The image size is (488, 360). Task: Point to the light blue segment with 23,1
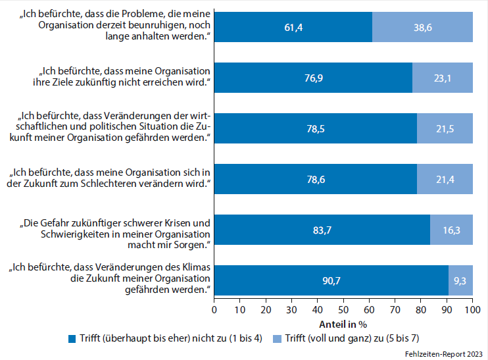(x=443, y=78)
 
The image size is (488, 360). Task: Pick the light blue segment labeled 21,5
(x=445, y=128)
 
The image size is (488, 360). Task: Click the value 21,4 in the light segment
(x=445, y=179)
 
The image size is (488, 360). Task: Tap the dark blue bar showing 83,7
(x=322, y=230)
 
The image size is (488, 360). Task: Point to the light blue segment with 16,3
(x=452, y=230)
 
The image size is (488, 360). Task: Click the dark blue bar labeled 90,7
(x=331, y=280)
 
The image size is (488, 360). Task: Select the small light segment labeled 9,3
(x=460, y=280)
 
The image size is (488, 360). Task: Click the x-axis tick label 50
(x=343, y=309)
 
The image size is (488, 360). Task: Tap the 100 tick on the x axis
(x=472, y=309)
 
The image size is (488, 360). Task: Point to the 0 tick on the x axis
(x=214, y=309)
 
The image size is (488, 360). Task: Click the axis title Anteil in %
(x=343, y=323)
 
